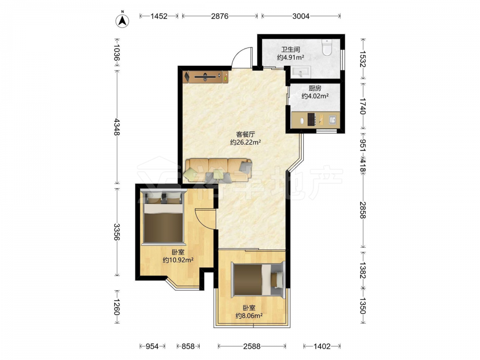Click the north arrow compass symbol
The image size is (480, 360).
[122, 21]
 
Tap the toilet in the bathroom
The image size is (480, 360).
[327, 48]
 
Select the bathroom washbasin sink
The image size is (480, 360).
[301, 72]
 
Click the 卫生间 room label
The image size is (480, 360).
[290, 49]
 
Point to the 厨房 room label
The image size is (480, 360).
[315, 88]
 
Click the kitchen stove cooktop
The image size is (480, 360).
[312, 120]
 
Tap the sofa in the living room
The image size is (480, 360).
[218, 170]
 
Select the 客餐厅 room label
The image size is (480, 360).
[245, 134]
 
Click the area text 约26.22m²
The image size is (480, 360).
[245, 142]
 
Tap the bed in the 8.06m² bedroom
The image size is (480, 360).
[259, 279]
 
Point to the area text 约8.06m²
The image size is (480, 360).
[249, 316]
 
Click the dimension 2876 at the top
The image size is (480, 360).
[219, 16]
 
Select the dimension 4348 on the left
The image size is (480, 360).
[117, 127]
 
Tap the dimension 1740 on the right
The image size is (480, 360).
[362, 106]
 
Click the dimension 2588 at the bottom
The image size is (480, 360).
[252, 346]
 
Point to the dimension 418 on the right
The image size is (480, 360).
[362, 166]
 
